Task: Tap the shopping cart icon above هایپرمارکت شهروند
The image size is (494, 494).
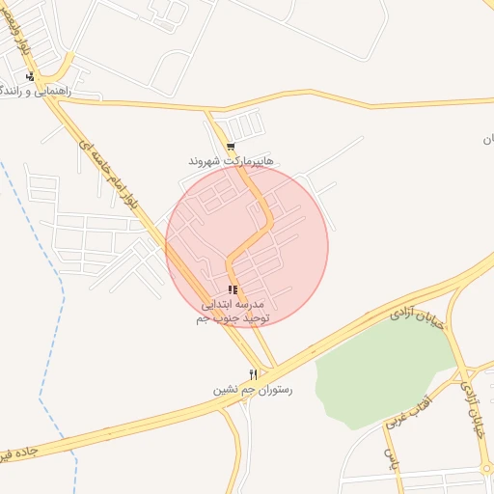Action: point(230,147)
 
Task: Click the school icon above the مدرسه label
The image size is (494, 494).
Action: point(233,289)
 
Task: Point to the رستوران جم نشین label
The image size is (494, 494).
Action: point(253,390)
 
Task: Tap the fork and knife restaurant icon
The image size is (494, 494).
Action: point(253,374)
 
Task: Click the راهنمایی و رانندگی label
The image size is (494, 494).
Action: point(50,91)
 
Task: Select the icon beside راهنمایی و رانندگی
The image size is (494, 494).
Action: point(31,76)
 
